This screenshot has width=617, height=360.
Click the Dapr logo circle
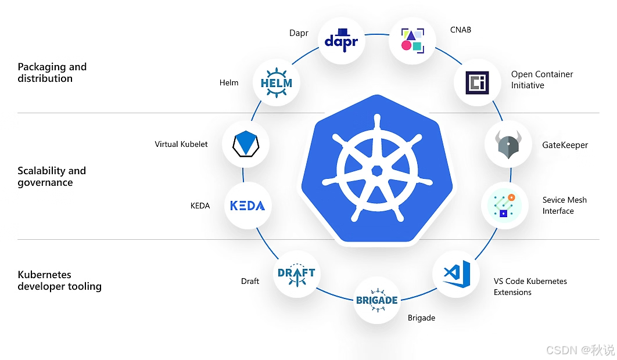point(342,41)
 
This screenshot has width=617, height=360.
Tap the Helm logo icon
point(277,82)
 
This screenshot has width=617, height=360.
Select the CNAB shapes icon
point(412,39)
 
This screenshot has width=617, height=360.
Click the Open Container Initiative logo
point(477,82)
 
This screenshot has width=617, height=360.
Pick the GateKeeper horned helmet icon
point(508,145)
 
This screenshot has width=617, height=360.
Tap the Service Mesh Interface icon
point(504,206)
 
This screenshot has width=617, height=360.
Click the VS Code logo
point(456,273)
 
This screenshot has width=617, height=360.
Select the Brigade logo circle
point(377,300)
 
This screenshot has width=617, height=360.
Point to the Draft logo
point(296,273)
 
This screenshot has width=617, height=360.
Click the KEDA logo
point(247,206)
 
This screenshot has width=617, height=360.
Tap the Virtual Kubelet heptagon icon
point(246,144)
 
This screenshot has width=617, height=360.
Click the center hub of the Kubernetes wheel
point(376,171)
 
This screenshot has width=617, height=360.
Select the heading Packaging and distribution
point(52,73)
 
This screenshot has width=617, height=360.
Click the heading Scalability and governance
point(51,177)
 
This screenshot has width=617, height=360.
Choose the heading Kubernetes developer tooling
point(59,280)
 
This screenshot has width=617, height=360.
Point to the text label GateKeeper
point(565,145)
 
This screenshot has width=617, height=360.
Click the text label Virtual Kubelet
point(181,144)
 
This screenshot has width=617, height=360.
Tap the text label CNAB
point(460,30)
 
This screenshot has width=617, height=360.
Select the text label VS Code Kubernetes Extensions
point(530,286)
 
